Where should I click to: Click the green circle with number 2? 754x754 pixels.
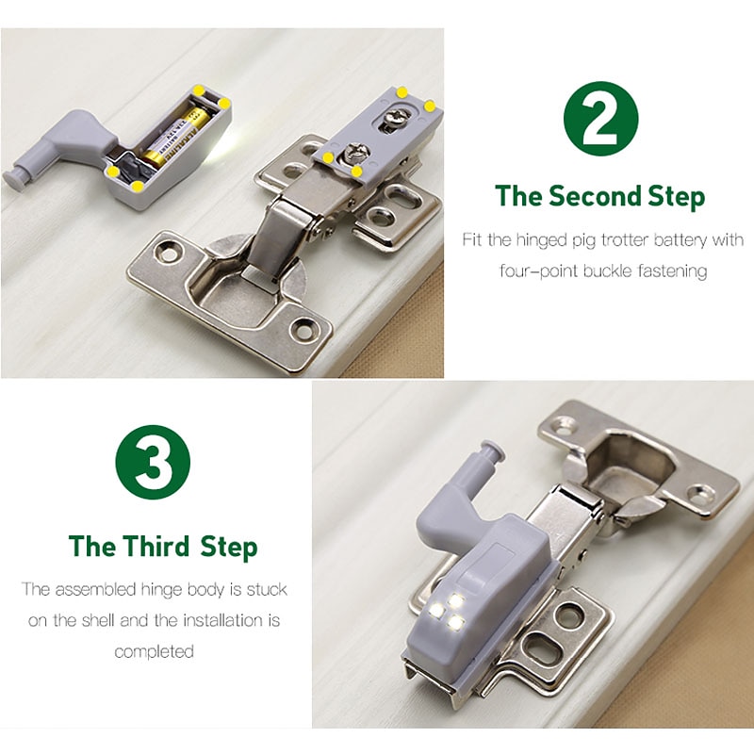pos(600,119)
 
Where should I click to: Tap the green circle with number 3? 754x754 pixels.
pos(153,462)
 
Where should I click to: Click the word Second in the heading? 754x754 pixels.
pos(596,196)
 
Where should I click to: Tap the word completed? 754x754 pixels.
pos(154,651)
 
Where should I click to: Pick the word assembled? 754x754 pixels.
pos(96,589)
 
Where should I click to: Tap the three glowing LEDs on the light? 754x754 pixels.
pos(447,611)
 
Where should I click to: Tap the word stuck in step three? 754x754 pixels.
pos(267,589)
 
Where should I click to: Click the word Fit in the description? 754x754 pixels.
pos(472,239)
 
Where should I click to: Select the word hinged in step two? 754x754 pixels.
pos(542,240)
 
